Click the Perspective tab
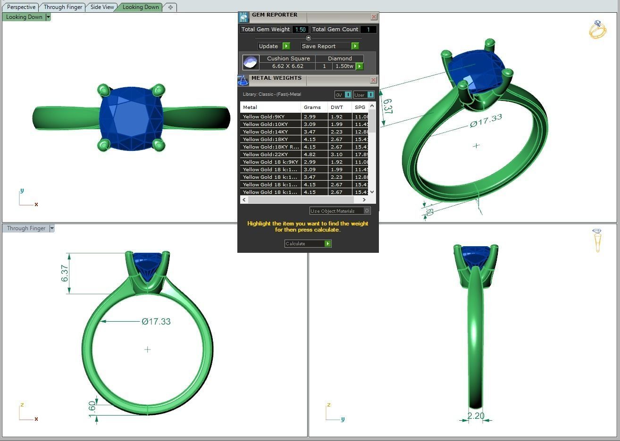tap(21, 7)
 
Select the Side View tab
tap(102, 7)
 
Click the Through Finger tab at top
tap(63, 7)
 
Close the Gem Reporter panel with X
tap(374, 17)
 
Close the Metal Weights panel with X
tap(374, 80)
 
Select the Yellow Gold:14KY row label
tap(265, 132)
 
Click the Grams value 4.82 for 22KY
tap(310, 154)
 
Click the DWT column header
tap(337, 107)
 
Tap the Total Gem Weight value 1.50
tap(300, 29)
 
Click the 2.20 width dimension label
tap(476, 416)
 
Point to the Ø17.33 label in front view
tap(156, 322)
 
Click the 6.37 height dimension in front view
tap(65, 274)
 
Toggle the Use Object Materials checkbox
tap(367, 211)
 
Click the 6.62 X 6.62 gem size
tap(287, 66)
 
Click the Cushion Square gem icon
tap(250, 62)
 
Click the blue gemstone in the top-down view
tap(131, 118)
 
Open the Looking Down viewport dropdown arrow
tap(48, 17)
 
